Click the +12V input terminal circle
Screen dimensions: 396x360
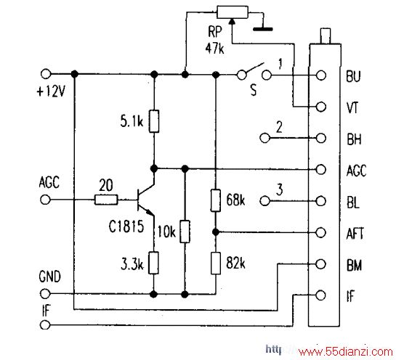point(46,74)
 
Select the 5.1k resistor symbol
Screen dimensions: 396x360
point(154,121)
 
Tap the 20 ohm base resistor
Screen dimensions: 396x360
point(106,200)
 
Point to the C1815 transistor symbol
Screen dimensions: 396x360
point(145,200)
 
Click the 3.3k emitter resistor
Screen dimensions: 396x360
point(153,263)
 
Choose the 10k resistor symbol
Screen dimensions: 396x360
point(185,232)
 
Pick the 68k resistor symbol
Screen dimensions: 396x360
point(216,200)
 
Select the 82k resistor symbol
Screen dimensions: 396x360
point(216,263)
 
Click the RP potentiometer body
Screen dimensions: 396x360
point(233,12)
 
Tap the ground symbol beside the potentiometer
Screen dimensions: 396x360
point(263,29)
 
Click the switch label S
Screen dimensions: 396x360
point(254,89)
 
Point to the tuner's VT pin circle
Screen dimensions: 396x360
point(321,107)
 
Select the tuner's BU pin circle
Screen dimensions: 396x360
point(321,75)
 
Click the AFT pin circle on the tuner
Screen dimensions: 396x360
point(320,232)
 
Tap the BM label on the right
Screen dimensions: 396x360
point(354,265)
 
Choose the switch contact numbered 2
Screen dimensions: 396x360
point(264,138)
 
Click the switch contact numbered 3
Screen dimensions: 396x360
point(264,201)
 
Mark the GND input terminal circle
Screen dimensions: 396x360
point(45,294)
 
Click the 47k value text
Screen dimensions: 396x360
point(214,48)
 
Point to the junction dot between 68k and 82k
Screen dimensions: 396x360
point(216,232)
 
